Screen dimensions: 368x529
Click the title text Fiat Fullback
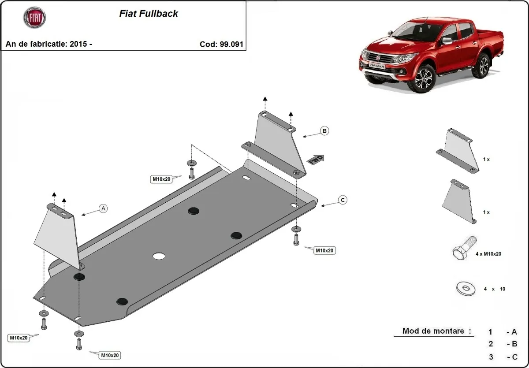[x=149, y=14]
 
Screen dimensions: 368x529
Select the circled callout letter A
[x=103, y=208]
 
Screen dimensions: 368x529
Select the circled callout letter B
[x=324, y=131]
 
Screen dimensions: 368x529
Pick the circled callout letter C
[x=342, y=200]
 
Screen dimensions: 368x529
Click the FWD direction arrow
[x=316, y=160]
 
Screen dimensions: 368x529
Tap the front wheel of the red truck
[x=425, y=78]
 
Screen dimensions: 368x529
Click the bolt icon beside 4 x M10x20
[x=463, y=247]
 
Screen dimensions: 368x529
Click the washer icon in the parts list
[x=465, y=289]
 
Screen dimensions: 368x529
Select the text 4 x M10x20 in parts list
[x=488, y=254]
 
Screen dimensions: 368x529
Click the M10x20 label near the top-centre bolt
[x=161, y=179]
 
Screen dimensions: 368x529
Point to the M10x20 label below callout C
[x=324, y=250]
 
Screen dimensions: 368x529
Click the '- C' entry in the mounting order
[x=511, y=357]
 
